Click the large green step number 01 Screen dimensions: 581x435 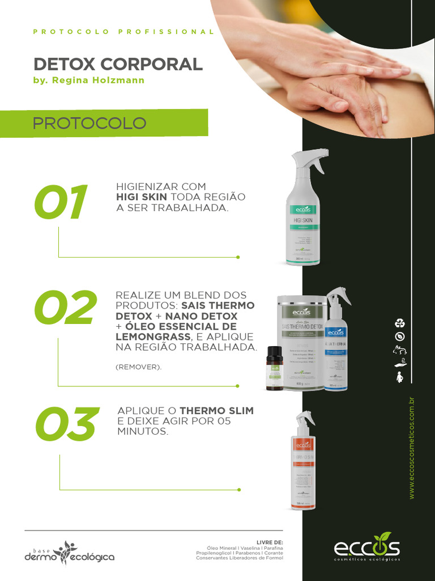point(61,203)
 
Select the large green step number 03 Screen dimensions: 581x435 point(65,425)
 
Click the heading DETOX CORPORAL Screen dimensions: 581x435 point(118,64)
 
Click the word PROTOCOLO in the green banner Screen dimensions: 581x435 point(89,123)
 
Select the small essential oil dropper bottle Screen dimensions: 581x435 point(275,369)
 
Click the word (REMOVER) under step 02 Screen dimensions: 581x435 point(138,367)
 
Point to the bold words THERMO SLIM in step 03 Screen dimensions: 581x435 point(216,411)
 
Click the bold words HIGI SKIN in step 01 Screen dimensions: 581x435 point(142,197)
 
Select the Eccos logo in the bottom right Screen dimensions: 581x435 point(366,548)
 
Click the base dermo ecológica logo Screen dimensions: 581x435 point(69,553)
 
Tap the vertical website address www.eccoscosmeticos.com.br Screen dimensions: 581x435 point(412,448)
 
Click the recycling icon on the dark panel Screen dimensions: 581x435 point(400,323)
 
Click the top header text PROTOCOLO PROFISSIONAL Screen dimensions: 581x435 point(123,32)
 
